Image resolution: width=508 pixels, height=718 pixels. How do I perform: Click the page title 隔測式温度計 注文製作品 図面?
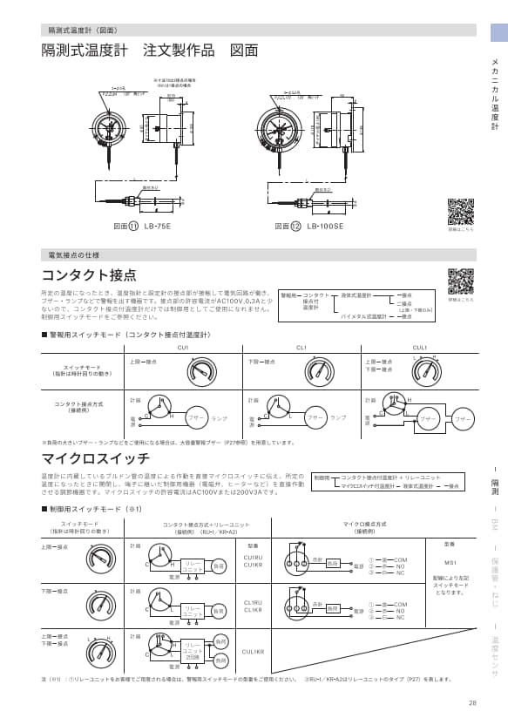pos(150,51)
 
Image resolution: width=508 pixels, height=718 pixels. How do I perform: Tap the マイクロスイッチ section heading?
pos(95,457)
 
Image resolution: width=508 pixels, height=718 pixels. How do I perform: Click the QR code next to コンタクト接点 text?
pos(460,281)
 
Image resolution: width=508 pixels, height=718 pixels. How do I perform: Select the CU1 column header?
pos(182,347)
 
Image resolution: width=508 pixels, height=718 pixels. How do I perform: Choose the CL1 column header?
pos(301,347)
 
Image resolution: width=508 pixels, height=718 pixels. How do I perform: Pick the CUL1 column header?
pos(419,347)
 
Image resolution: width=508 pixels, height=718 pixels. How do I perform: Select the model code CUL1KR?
pos(253,651)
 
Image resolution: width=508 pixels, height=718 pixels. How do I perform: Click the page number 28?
pos(472,703)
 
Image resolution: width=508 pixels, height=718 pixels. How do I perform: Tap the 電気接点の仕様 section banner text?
pos(79,255)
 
